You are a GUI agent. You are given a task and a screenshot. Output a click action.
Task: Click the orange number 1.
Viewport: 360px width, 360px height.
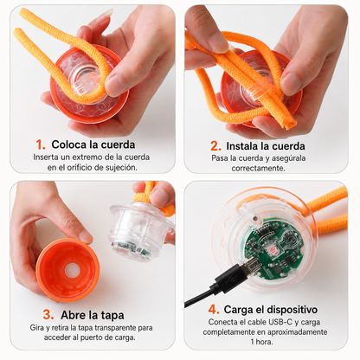[40, 145]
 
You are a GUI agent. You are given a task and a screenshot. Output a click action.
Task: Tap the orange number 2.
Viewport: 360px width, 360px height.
[215, 146]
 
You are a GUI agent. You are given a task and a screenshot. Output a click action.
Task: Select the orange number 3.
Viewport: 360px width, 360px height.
[48, 314]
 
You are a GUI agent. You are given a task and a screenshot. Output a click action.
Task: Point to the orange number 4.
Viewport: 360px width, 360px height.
[214, 310]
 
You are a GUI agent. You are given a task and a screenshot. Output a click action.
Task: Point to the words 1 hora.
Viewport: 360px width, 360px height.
[261, 342]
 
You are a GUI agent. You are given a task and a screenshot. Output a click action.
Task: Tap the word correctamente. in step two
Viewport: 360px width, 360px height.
[259, 168]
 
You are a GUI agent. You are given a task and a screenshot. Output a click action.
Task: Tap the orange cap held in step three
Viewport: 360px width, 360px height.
[68, 270]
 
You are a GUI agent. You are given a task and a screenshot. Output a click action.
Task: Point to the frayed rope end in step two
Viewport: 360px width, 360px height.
[289, 124]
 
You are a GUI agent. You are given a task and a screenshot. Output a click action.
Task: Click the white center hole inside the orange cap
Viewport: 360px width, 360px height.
[71, 270]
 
